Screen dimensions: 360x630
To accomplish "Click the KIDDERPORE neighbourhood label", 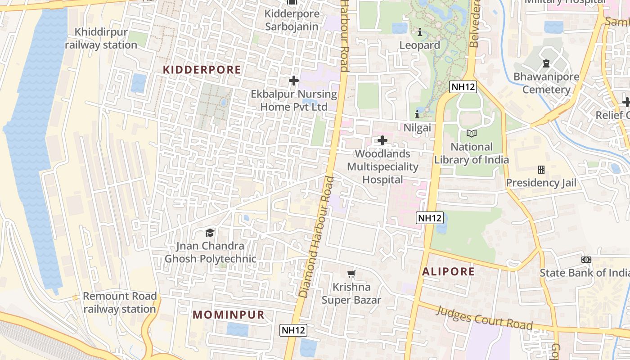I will point(202,70).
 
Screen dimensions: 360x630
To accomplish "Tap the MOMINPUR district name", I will point(229,315).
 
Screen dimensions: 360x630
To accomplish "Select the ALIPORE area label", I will point(449,271).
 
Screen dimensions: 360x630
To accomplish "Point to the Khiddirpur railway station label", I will point(101,39).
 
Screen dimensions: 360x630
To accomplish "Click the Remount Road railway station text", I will point(120,302).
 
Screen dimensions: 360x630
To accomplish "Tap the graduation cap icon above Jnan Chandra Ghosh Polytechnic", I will point(210,233).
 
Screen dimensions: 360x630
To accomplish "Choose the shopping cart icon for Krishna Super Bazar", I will point(351,274).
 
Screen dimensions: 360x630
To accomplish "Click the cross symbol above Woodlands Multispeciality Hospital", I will point(382,140).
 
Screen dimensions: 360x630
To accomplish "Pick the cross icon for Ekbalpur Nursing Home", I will point(293,81).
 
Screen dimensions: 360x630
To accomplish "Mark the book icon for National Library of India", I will point(471,133).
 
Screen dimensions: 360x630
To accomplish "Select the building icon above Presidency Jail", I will point(541,170).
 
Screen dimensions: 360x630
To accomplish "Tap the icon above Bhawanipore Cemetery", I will point(546,63).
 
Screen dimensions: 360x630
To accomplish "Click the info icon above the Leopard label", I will point(419,32).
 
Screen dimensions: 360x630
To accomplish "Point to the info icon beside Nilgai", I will point(417,114).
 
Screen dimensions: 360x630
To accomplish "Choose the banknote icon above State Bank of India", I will point(586,260).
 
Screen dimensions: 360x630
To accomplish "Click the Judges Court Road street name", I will point(485,318).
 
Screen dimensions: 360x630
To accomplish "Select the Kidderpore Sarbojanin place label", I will point(292,20).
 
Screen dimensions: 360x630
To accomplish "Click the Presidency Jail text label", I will point(541,183).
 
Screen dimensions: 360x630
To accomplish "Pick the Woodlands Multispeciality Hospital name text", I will point(382,166).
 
